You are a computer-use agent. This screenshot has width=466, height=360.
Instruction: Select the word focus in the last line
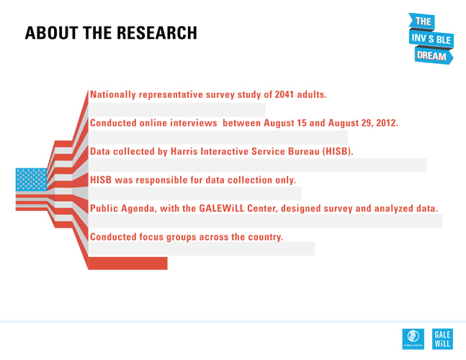(x=153, y=237)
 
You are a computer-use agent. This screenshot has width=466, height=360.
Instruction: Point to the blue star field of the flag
(x=31, y=179)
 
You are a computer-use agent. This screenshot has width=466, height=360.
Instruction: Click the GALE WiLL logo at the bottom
(x=442, y=338)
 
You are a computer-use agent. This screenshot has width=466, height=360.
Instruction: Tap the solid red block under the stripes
(x=127, y=263)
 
